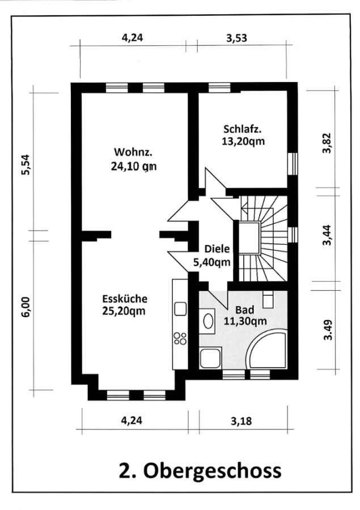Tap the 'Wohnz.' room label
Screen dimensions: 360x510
[x=133, y=152]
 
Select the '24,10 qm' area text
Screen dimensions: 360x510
[x=134, y=166]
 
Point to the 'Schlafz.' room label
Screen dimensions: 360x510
[x=243, y=129]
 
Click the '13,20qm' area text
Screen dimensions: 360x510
[x=243, y=142]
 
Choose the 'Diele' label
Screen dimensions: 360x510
[x=217, y=249]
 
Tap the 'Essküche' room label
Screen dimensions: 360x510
[x=125, y=299]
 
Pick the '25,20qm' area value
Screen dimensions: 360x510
[x=124, y=311]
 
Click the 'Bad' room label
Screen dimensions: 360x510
[x=245, y=309]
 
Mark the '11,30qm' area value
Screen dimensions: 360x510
[x=245, y=321]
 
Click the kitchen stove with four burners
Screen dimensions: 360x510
[x=180, y=338]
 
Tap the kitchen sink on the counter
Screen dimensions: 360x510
[x=180, y=309]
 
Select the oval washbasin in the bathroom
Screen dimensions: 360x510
[x=207, y=321]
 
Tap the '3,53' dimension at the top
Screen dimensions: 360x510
[x=236, y=38]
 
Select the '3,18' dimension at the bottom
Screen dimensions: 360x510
[x=241, y=421]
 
